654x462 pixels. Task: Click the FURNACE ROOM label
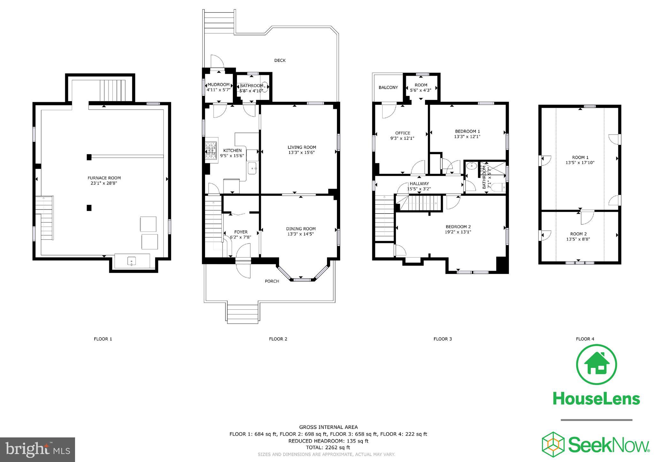pyautogui.click(x=104, y=178)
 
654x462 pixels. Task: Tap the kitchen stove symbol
pyautogui.click(x=210, y=150)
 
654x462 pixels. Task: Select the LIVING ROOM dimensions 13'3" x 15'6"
pyautogui.click(x=301, y=153)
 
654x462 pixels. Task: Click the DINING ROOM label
pyautogui.click(x=300, y=229)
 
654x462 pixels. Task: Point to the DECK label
pyautogui.click(x=280, y=60)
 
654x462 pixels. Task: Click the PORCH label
pyautogui.click(x=272, y=281)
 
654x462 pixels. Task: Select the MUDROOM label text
pyautogui.click(x=218, y=85)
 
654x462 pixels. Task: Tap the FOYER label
pyautogui.click(x=241, y=232)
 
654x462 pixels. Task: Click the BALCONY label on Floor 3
pyautogui.click(x=388, y=87)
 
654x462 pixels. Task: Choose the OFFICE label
pyautogui.click(x=402, y=133)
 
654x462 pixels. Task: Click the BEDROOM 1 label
pyautogui.click(x=467, y=131)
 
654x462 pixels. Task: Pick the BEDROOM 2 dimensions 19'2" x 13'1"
pyautogui.click(x=458, y=232)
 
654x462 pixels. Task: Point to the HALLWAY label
pyautogui.click(x=419, y=184)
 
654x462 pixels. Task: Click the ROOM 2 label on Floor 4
pyautogui.click(x=578, y=234)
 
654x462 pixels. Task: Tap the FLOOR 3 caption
pyautogui.click(x=442, y=339)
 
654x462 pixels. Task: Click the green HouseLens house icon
pyautogui.click(x=596, y=365)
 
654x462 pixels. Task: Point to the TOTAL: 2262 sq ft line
pyautogui.click(x=328, y=448)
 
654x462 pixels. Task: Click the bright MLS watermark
pyautogui.click(x=37, y=450)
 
